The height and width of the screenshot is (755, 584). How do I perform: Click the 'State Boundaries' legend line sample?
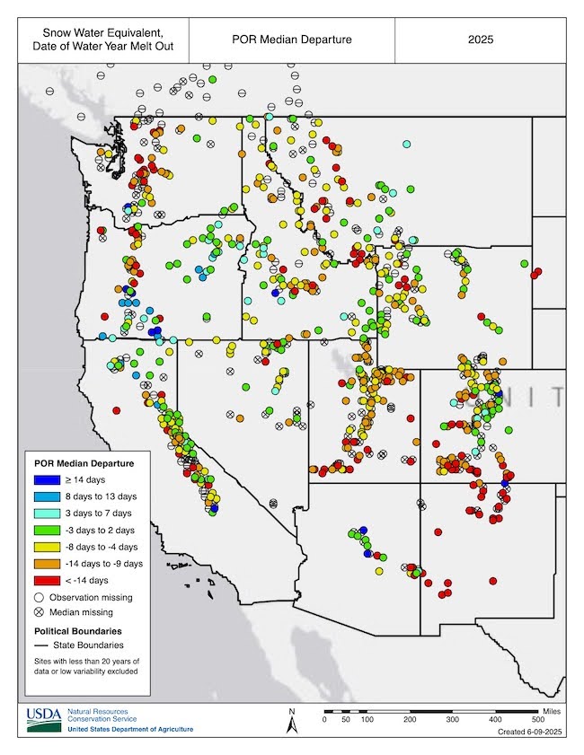[x=40, y=645]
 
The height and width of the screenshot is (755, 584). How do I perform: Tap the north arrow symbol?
[x=291, y=721]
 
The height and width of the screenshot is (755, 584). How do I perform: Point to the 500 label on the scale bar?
[x=537, y=720]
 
